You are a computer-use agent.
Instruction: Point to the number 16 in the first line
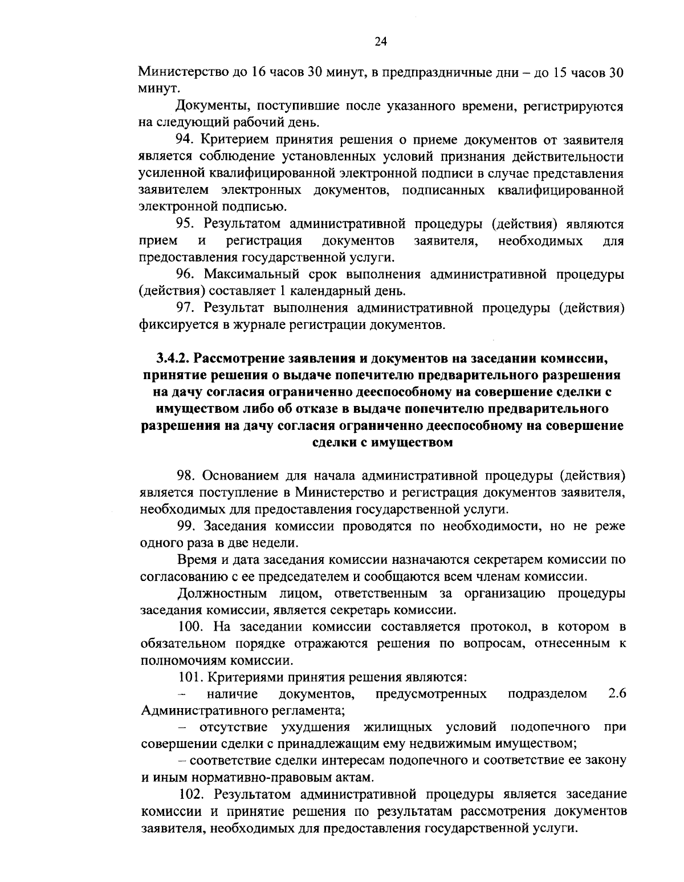click(x=240, y=72)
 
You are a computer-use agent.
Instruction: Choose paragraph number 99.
click(x=185, y=526)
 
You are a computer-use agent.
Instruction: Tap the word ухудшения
click(x=315, y=727)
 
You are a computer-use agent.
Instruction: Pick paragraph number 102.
click(x=191, y=794)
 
